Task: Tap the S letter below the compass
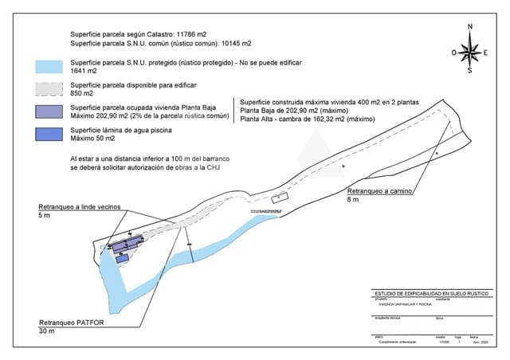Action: click(470, 70)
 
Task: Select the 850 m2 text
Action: click(82, 93)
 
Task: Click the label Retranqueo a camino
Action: click(379, 192)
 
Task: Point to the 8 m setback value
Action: click(352, 202)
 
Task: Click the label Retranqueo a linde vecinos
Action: click(79, 207)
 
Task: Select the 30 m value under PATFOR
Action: click(46, 333)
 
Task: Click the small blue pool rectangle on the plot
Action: click(122, 259)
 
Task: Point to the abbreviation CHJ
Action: click(213, 168)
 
